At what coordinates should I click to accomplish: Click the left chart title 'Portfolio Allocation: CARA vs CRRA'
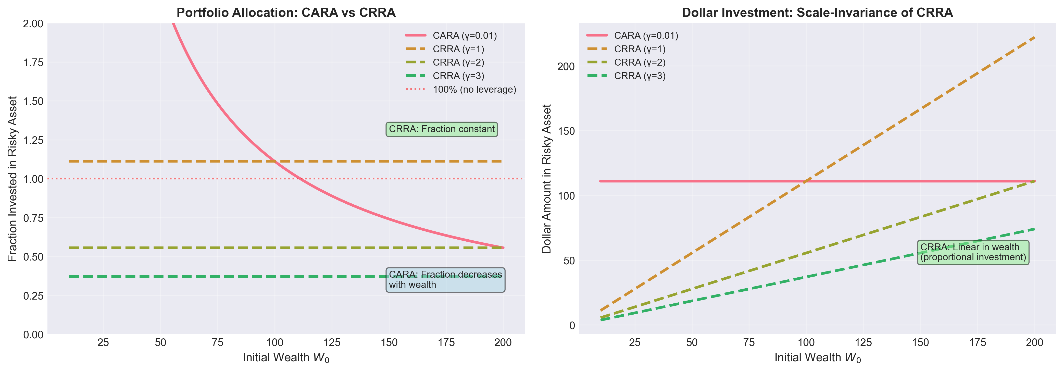[286, 13]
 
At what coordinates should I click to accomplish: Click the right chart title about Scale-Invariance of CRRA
[817, 13]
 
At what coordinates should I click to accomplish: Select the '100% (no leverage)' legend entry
[474, 90]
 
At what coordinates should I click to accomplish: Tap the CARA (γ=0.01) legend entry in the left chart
[464, 35]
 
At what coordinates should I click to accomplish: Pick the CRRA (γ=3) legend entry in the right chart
[639, 76]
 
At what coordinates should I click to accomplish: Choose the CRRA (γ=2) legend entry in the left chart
[458, 62]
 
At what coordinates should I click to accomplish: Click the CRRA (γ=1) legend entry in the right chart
[639, 49]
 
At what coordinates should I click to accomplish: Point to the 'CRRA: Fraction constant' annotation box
[442, 129]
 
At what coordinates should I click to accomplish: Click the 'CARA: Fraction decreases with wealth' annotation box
[445, 280]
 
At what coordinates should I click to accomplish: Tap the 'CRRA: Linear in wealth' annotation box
[973, 252]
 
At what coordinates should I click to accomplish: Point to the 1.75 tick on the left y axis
[33, 62]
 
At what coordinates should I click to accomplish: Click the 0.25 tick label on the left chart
[33, 296]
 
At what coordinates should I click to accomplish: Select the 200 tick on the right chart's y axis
[566, 67]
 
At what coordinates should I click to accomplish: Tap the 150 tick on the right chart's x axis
[920, 342]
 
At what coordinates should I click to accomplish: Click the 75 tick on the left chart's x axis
[217, 342]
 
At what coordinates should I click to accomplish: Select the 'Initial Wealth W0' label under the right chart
[817, 357]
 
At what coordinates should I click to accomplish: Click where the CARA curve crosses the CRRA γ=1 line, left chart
[275, 161]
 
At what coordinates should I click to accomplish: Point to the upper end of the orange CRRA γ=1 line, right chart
[1034, 38]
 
